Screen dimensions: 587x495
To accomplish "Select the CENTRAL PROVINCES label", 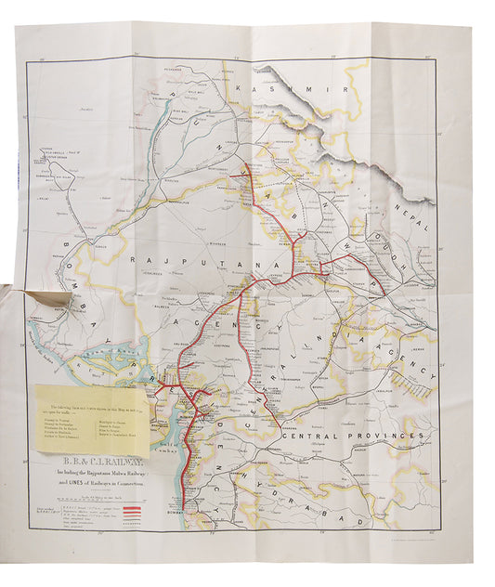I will click(x=353, y=436).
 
